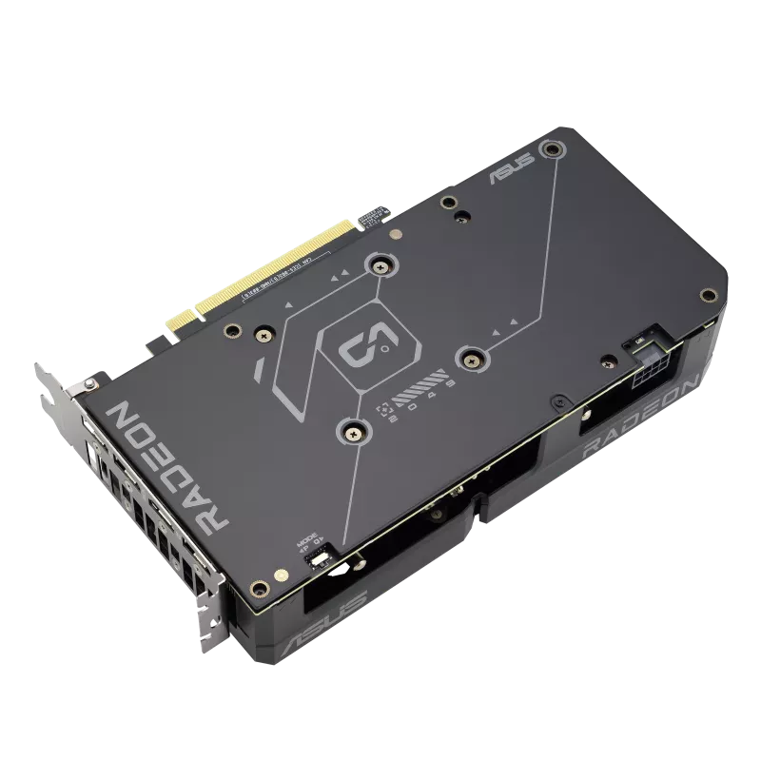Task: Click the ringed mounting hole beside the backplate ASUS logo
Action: [549, 149]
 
